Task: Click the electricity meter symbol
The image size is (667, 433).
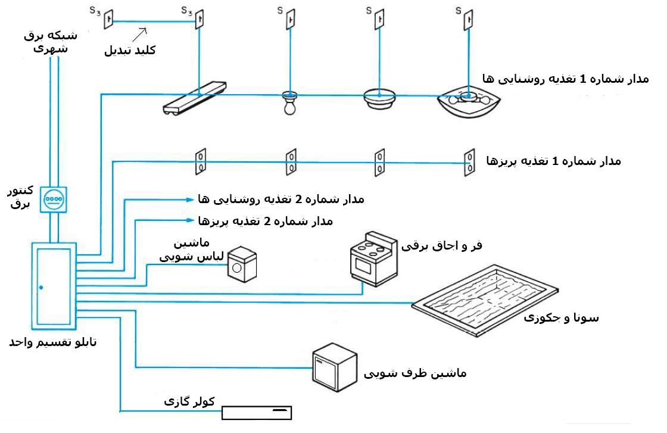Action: pos(54,198)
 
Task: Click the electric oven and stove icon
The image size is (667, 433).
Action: pos(373,259)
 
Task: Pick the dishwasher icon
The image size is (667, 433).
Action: pos(335,367)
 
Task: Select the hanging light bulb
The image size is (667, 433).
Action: pos(289,104)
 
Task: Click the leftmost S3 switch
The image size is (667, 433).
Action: pos(110,20)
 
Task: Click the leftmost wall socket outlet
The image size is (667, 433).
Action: pos(201,161)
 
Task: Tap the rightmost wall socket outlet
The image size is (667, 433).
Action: pos(470,161)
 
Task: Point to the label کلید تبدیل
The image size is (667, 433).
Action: pos(130,50)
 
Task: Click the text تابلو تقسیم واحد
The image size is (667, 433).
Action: pos(52,342)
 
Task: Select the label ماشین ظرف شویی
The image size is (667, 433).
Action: pos(415,373)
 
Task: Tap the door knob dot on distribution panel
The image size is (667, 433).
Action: pos(41,288)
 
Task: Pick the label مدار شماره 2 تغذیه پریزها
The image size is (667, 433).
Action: pos(265,221)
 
